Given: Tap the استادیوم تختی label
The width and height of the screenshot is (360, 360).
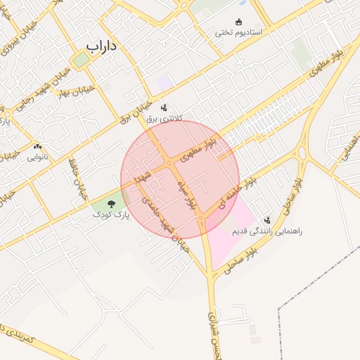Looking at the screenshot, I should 238,32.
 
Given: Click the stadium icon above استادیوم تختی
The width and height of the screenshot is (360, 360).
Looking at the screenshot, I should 238,20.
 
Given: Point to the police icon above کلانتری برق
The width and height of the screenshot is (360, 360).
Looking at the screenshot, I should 164,108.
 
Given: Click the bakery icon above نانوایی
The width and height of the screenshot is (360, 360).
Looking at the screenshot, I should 37,146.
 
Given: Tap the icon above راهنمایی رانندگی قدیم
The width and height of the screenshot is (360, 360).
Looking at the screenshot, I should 266,220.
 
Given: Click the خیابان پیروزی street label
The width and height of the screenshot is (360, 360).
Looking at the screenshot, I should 10,42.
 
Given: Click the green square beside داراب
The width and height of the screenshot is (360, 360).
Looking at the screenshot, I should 82,60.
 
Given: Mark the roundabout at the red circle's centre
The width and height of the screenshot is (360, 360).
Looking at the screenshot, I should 169,164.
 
